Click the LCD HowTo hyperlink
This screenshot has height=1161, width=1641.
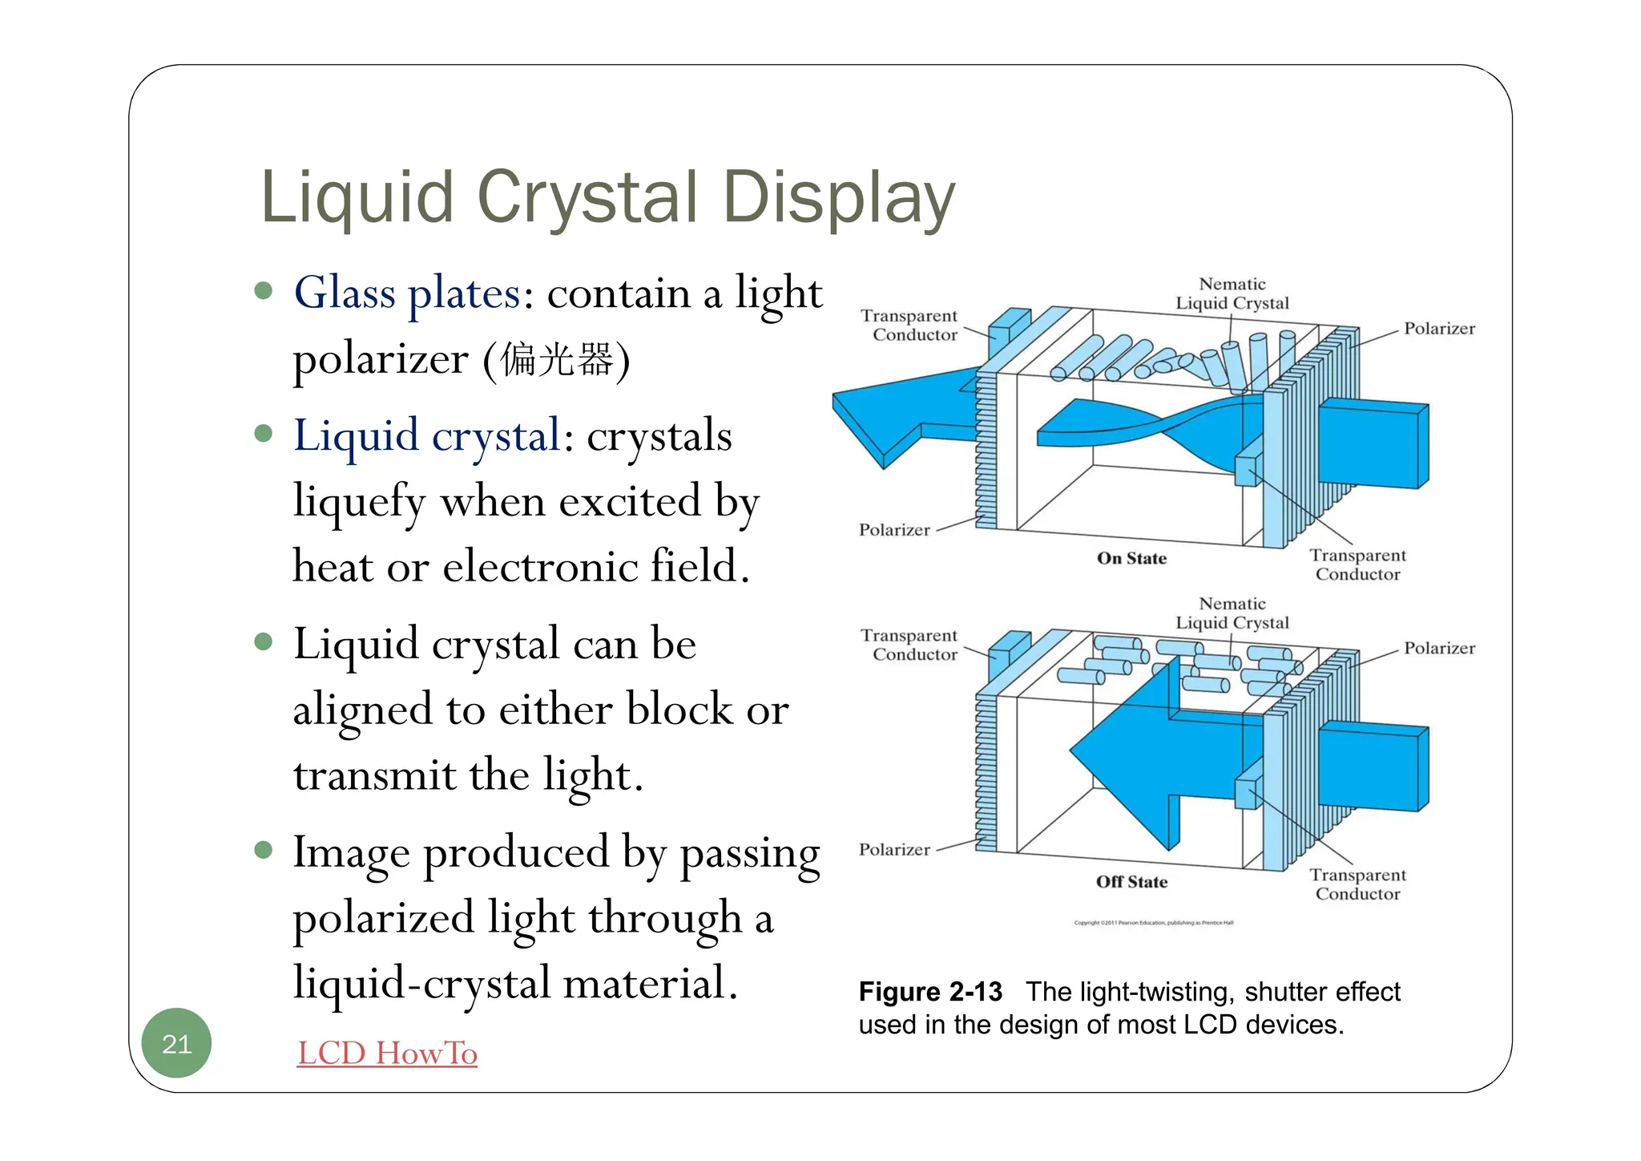click(x=387, y=1053)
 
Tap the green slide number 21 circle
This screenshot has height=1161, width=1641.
click(x=176, y=1043)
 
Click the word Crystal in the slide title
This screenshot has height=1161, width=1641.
click(x=587, y=197)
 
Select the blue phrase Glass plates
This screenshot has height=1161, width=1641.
click(x=407, y=293)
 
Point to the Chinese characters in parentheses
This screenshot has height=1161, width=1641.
click(x=556, y=358)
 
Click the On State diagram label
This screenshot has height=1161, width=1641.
click(x=1131, y=558)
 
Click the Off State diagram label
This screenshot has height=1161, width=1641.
click(x=1131, y=881)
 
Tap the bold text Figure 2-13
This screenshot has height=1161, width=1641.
click(x=930, y=992)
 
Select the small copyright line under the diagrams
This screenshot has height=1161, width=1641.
click(x=1153, y=923)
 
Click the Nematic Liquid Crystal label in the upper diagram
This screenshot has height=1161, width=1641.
click(x=1232, y=293)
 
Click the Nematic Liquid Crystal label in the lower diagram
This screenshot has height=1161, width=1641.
click(x=1232, y=613)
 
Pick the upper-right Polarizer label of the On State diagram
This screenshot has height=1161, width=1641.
click(x=1439, y=329)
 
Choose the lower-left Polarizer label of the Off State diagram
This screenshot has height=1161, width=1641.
click(x=894, y=850)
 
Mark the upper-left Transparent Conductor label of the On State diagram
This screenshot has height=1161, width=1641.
click(x=909, y=326)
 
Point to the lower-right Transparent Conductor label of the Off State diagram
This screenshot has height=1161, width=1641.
click(x=1357, y=884)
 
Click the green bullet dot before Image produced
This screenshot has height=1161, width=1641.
click(x=264, y=849)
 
